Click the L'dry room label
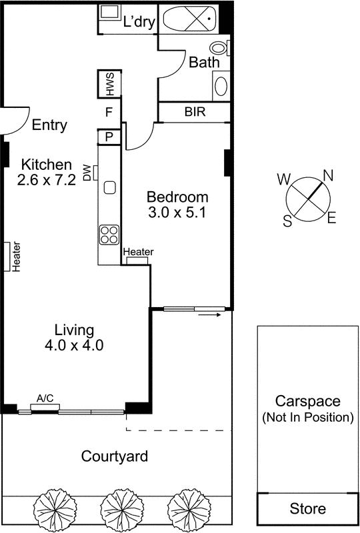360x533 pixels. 139,21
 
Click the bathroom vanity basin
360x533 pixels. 221,87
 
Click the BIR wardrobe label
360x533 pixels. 195,112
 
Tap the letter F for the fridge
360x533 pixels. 108,113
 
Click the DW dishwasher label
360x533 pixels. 87,173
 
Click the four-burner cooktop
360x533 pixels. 108,234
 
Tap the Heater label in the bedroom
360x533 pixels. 138,252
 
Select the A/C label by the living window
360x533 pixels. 45,398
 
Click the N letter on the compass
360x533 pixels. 327,175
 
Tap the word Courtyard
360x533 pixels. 114,457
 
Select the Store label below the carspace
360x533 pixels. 307,509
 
